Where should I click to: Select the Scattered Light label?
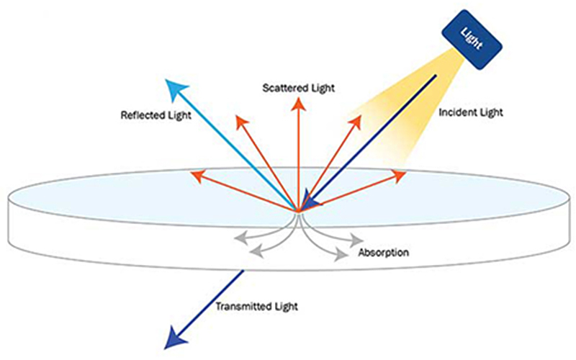pos(300,87)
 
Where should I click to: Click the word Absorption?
pos(384,253)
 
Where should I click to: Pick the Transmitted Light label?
pos(256,306)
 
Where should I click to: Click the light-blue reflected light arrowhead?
pos(174,89)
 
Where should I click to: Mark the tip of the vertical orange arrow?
pos(298,102)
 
